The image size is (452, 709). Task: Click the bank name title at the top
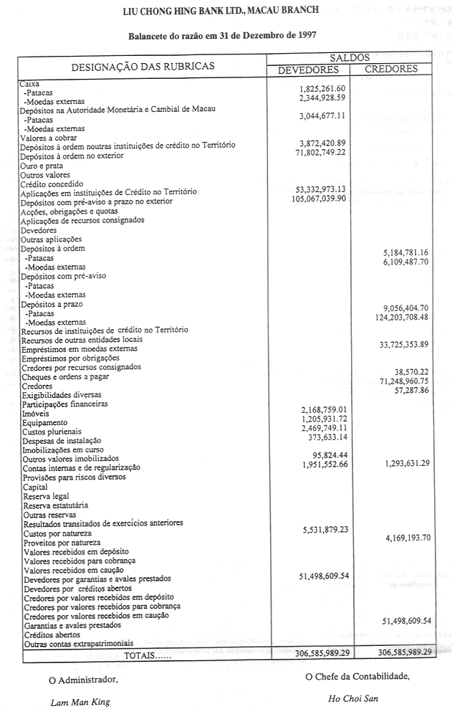coord(222,11)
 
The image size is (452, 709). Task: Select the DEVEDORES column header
coord(308,70)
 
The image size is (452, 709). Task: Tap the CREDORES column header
coord(391,70)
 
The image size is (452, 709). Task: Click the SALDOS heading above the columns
coord(350,57)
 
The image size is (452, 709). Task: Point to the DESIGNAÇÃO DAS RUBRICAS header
coord(143,66)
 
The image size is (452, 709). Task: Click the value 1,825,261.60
coord(321,88)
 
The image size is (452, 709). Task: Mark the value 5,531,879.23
coord(320,529)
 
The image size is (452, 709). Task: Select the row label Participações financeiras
coord(65,404)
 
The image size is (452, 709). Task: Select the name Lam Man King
coord(80,702)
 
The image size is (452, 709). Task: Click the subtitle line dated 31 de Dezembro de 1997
coord(222,35)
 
